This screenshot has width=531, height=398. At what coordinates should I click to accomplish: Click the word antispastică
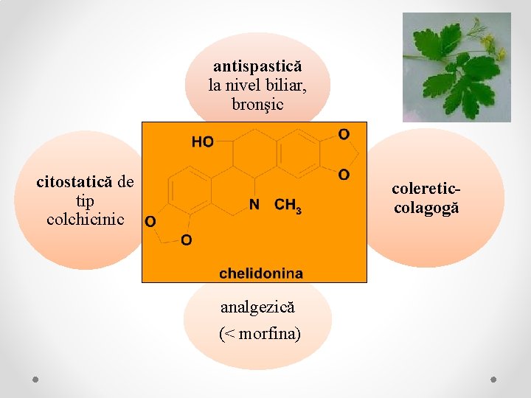tap(257, 66)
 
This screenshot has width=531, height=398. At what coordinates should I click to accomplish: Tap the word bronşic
tap(257, 104)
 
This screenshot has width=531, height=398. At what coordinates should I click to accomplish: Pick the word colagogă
tap(426, 208)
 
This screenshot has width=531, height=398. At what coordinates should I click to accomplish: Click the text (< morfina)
tap(260, 334)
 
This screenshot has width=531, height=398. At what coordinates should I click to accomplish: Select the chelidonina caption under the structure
tap(260, 273)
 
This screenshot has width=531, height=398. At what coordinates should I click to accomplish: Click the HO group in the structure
tap(203, 142)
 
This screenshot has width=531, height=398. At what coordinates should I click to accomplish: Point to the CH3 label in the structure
tap(288, 206)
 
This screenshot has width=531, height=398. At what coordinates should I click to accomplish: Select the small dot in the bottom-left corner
tap(35, 379)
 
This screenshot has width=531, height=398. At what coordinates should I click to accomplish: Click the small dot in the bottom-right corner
tap(493, 379)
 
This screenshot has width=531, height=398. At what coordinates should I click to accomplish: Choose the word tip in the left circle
tap(85, 200)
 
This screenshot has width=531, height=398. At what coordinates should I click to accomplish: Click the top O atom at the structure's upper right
tap(344, 133)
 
